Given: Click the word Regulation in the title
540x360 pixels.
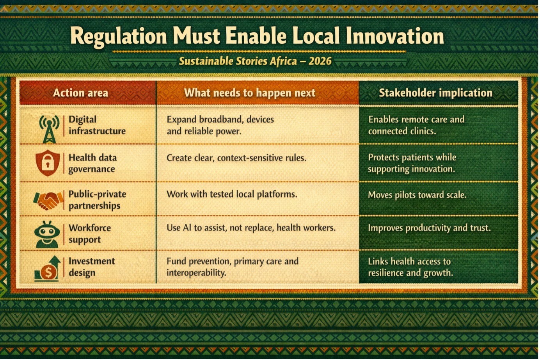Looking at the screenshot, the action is [x=119, y=37].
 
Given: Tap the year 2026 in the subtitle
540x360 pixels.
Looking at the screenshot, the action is [x=320, y=61].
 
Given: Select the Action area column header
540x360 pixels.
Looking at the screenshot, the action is [x=80, y=93].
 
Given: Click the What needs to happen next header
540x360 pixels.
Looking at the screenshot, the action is [x=250, y=93].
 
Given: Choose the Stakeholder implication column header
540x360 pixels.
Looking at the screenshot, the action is [x=435, y=93].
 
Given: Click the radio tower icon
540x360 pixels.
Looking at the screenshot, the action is [x=50, y=129].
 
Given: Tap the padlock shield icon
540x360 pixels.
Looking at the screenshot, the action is [x=48, y=163].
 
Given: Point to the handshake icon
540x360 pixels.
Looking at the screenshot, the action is [x=48, y=201].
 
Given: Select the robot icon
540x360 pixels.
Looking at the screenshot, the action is [x=47, y=235].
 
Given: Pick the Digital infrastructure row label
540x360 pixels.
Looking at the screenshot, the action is [x=97, y=125].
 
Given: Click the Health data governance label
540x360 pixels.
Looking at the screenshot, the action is [x=92, y=163].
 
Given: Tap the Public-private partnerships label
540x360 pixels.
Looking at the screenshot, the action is [x=97, y=200].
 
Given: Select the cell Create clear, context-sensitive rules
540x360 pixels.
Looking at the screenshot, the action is [x=236, y=158].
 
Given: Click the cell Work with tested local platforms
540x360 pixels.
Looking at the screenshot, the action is [x=232, y=194].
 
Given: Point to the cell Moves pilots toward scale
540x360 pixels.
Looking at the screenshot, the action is [x=417, y=195].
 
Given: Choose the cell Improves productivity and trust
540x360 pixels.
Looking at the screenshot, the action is [x=429, y=228].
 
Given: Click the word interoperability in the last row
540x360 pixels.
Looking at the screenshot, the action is [x=196, y=273].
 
